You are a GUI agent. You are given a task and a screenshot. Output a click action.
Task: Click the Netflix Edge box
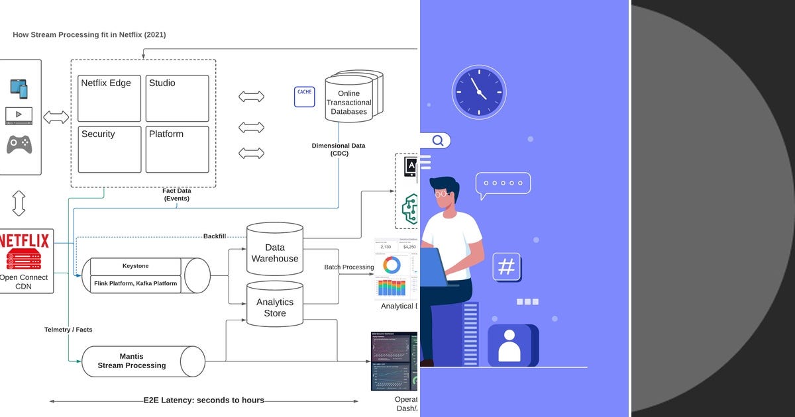109,98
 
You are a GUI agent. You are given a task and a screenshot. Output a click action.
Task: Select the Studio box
177,98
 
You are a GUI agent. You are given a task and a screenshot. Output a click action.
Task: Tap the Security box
109,149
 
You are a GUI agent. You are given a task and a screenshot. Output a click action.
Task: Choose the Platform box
177,149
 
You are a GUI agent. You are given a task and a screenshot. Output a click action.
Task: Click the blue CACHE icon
304,97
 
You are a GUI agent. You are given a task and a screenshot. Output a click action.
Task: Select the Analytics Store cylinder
275,306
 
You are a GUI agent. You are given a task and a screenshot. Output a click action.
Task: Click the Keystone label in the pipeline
135,266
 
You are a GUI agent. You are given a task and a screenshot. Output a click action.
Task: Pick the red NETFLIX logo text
24,240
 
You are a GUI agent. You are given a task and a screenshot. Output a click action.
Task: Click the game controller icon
19,144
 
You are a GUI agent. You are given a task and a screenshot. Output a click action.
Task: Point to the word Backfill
215,236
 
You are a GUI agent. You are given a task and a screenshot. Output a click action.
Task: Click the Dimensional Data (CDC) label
339,149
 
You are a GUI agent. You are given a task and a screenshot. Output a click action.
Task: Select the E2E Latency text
204,400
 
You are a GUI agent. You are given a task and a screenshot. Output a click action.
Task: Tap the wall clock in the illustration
478,92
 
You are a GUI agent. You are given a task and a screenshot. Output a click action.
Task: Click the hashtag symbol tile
506,267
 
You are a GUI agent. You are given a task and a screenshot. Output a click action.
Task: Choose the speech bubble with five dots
503,184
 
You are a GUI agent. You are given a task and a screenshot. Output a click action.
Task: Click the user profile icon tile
509,346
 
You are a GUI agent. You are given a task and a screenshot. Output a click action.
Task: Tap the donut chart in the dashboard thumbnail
392,265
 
